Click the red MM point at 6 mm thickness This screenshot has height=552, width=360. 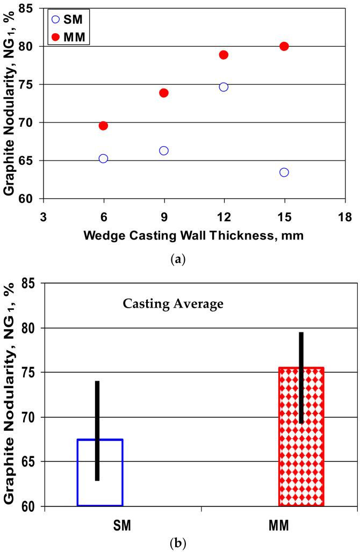103,126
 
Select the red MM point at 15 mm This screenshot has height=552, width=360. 284,46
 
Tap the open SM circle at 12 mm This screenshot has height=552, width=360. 224,87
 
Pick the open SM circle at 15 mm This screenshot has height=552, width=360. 284,172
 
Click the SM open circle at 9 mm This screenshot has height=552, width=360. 164,151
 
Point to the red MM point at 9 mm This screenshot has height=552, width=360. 164,93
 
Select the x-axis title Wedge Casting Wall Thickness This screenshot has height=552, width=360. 193,235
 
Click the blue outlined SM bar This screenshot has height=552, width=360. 100,473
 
